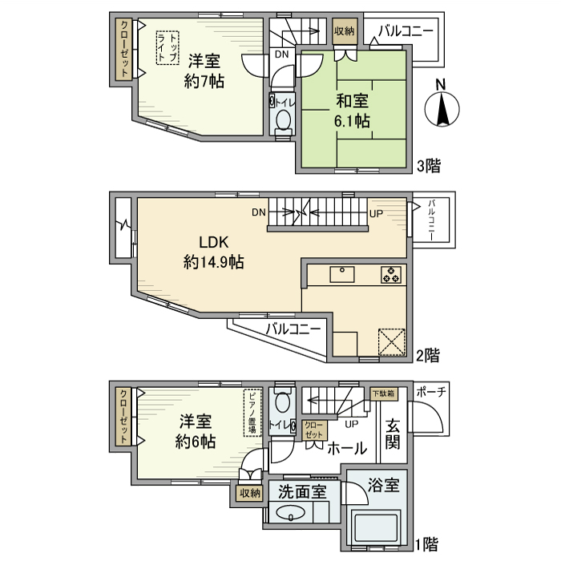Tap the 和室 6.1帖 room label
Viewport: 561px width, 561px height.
(x=353, y=111)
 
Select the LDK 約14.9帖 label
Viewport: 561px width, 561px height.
(x=214, y=252)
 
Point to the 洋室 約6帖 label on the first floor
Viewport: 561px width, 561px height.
(x=195, y=430)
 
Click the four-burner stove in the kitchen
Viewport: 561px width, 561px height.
(x=390, y=274)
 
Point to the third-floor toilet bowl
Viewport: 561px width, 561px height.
(x=283, y=120)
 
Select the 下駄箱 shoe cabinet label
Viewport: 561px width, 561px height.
(x=384, y=394)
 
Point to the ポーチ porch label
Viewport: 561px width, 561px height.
(x=432, y=390)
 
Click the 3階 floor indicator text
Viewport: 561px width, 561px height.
(x=427, y=167)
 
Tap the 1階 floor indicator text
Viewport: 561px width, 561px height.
(x=426, y=545)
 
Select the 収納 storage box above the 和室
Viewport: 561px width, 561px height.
(x=345, y=31)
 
